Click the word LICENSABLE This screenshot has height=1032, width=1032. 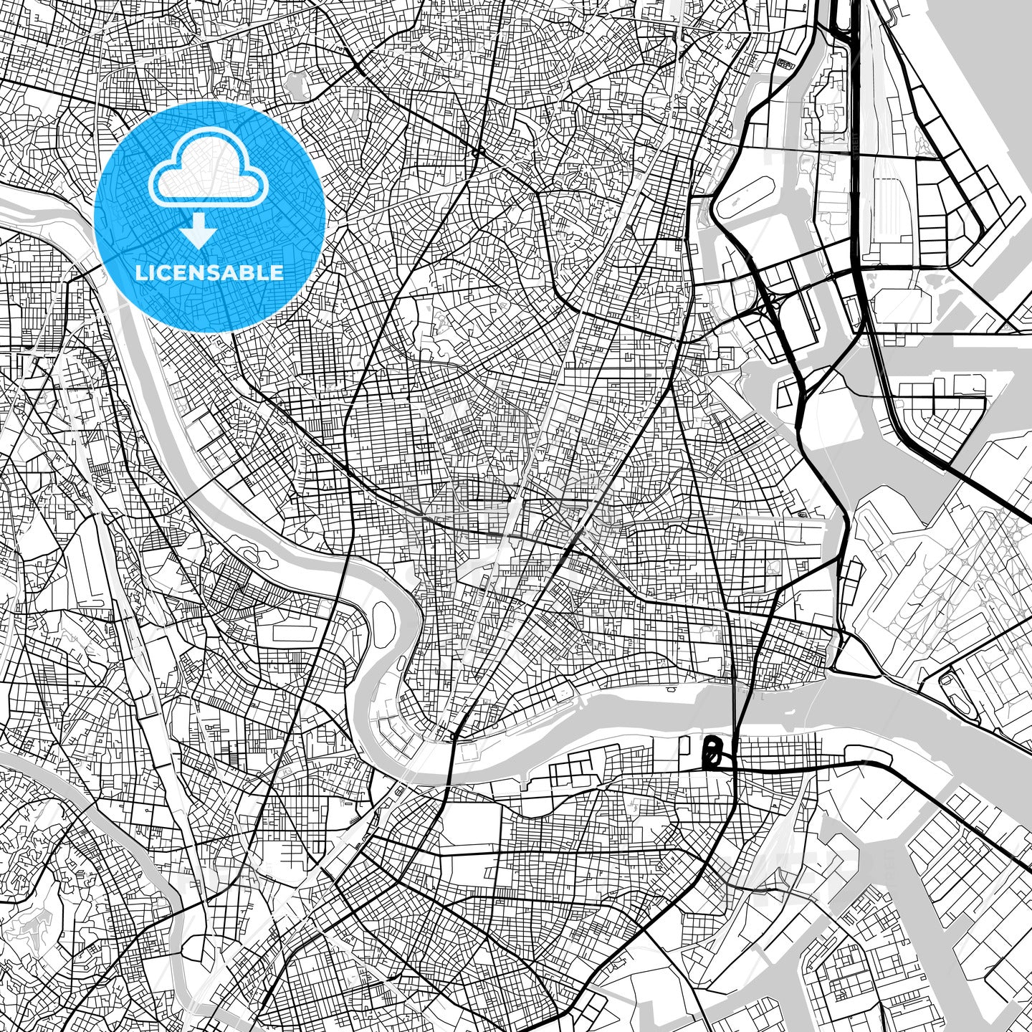tap(209, 273)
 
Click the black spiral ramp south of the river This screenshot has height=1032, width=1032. tap(711, 753)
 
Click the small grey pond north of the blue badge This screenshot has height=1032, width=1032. tap(297, 88)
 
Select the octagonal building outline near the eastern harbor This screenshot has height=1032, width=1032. tap(801, 513)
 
